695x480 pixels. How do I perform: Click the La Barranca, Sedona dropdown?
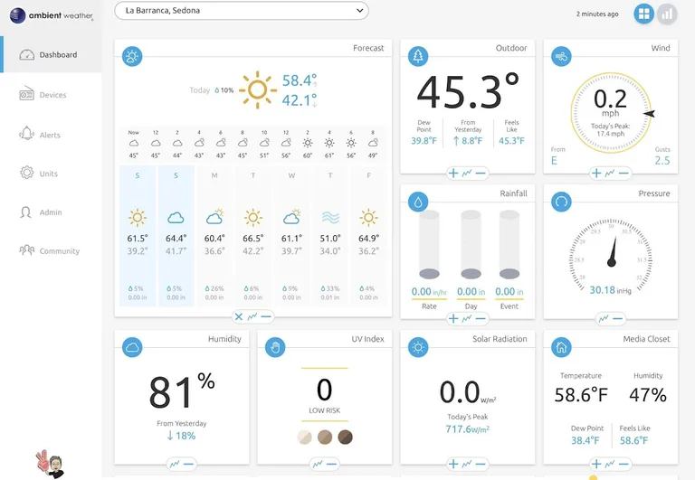tap(242, 11)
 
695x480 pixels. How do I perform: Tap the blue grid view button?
tap(643, 14)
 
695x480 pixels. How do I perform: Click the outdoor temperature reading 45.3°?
tap(467, 91)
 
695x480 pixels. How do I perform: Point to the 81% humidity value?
tap(182, 391)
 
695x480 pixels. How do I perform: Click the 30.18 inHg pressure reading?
tap(610, 290)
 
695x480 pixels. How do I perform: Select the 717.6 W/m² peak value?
tap(467, 429)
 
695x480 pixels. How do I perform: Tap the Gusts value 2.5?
tap(662, 161)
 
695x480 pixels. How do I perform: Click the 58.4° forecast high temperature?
tap(299, 80)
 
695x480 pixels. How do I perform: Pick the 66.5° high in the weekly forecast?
tap(252, 239)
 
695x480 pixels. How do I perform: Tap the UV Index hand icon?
tap(276, 346)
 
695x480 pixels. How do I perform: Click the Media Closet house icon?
tap(561, 346)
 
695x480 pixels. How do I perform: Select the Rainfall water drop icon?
tap(418, 201)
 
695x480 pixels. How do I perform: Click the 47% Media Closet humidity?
tap(648, 394)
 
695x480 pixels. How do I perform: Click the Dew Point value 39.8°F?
tap(424, 141)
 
